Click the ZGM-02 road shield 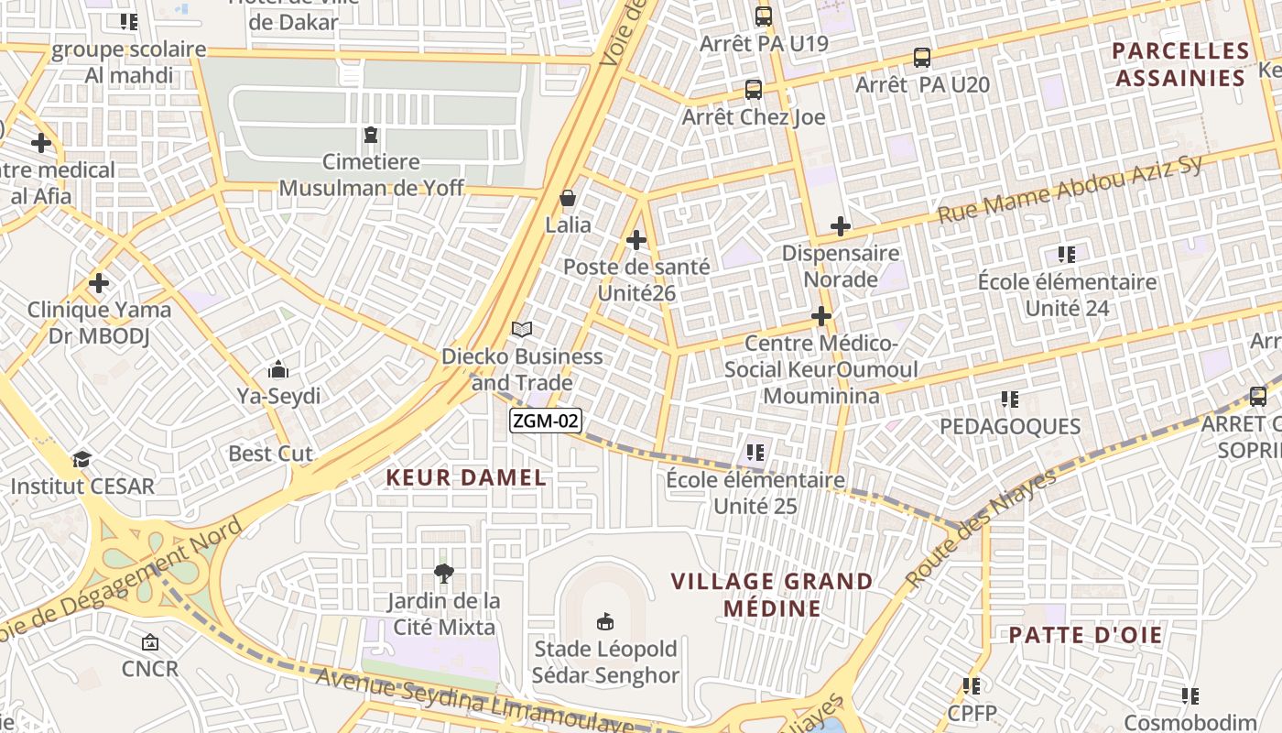(546, 421)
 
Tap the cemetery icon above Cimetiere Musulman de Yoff (371, 136)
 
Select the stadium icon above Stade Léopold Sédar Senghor (604, 622)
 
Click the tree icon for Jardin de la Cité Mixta (444, 574)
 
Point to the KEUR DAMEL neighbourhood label (466, 477)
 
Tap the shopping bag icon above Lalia (568, 198)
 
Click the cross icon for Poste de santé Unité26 (636, 240)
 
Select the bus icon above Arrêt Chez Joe (754, 90)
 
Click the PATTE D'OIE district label (1086, 635)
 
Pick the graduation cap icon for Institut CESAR (82, 459)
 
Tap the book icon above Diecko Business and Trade (522, 329)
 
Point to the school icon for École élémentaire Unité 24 (1067, 254)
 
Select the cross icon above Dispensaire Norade (841, 226)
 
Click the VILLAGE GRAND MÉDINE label (772, 595)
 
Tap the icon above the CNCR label (150, 642)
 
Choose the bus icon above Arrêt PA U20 (922, 57)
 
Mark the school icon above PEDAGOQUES (1010, 399)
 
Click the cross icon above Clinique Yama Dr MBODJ (99, 283)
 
